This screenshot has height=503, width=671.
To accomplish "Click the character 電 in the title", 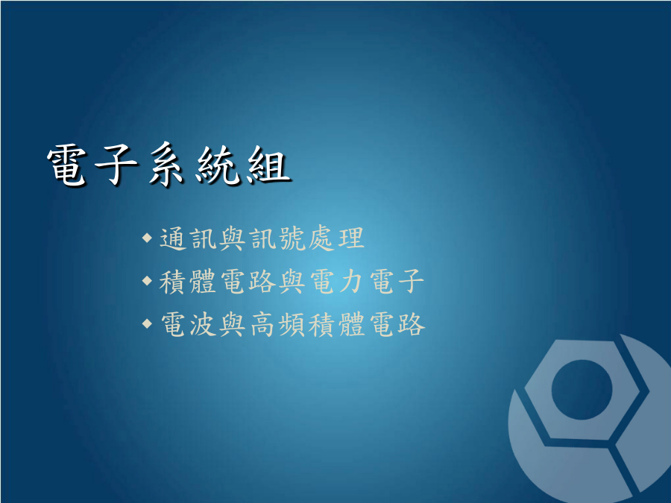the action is [x=67, y=165].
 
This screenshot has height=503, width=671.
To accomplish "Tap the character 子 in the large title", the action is [x=116, y=165].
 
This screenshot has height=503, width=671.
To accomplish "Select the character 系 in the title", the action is [x=166, y=165].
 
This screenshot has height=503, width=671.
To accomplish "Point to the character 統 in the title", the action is [x=216, y=165].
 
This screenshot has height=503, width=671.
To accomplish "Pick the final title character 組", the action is [x=268, y=165].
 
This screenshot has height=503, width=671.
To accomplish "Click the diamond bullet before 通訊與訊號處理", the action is [x=147, y=238].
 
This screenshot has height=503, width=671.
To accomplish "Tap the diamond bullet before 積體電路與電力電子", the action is [x=147, y=281].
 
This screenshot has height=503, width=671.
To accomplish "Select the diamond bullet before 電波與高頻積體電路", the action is [x=147, y=323].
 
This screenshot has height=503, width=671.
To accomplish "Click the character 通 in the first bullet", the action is [x=173, y=238].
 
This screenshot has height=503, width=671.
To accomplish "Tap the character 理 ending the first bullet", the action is [x=351, y=238].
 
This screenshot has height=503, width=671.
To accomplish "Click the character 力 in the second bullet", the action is [x=351, y=282].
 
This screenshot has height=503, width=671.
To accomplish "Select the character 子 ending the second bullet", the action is [x=410, y=282].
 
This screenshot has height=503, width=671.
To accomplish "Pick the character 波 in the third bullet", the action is [x=203, y=324].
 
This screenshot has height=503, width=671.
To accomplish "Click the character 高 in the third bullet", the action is [x=262, y=324].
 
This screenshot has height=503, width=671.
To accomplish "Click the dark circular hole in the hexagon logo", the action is [x=582, y=390].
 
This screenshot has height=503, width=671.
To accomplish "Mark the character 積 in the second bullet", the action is [x=173, y=282].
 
